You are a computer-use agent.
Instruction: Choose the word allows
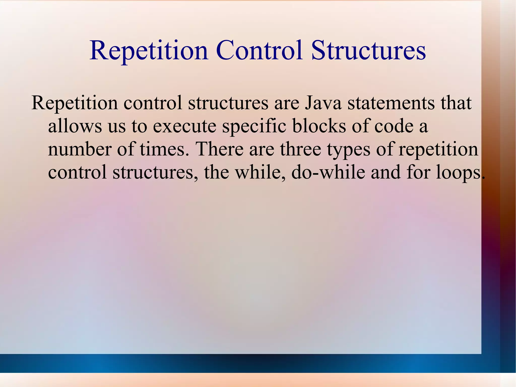[75, 126]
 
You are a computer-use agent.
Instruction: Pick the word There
[219, 149]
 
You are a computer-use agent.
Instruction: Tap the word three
[300, 149]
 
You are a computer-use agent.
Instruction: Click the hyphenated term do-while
[328, 172]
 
